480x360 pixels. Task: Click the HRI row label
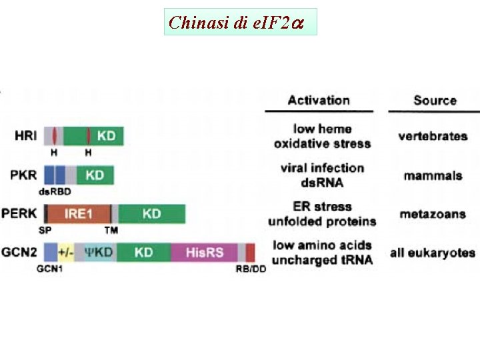click(x=25, y=136)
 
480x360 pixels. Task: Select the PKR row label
click(x=23, y=175)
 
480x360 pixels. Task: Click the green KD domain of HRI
click(x=105, y=136)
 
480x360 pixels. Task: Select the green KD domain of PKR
click(x=95, y=175)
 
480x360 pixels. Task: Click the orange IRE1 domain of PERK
click(x=78, y=214)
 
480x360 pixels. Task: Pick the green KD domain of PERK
click(x=151, y=214)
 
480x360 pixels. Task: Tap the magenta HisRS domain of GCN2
click(x=205, y=253)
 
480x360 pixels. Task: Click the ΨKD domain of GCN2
click(x=99, y=253)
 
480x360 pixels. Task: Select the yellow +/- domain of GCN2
click(x=66, y=253)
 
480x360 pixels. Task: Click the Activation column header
click(x=319, y=101)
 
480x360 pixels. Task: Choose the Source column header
click(x=435, y=101)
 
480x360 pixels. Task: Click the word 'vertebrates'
click(x=433, y=137)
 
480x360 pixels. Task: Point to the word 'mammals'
click(x=433, y=176)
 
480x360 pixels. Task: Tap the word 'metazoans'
click(x=433, y=215)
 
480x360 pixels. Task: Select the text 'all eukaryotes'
click(x=433, y=253)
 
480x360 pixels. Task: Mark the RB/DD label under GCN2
click(x=250, y=269)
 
